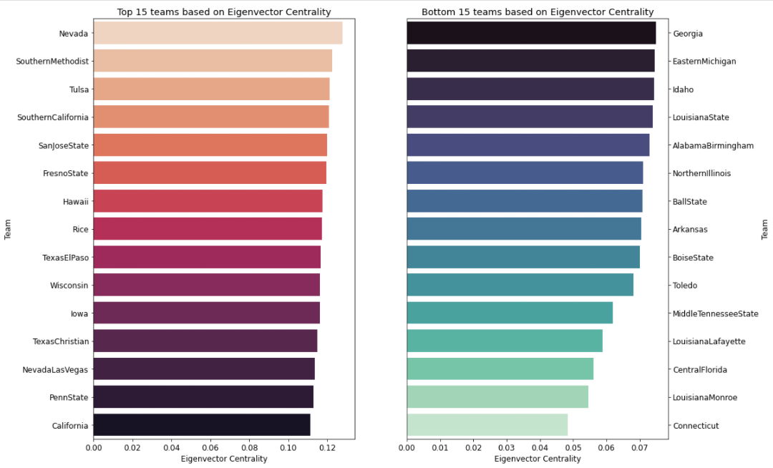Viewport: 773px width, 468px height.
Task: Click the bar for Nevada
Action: click(x=218, y=33)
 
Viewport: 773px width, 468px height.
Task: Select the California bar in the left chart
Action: click(x=202, y=425)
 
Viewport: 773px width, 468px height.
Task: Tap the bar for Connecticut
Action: click(x=487, y=425)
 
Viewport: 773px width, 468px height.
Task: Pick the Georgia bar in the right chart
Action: click(x=531, y=33)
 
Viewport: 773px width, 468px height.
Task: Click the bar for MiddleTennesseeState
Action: click(x=510, y=313)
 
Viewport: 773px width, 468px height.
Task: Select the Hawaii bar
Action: click(x=208, y=201)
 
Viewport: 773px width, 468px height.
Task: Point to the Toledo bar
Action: click(x=520, y=285)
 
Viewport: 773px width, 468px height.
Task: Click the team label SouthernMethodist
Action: click(x=52, y=62)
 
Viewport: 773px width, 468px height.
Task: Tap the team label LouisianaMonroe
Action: click(x=704, y=397)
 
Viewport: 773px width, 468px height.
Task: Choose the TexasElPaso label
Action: click(x=65, y=258)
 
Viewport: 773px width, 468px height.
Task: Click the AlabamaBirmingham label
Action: click(x=712, y=145)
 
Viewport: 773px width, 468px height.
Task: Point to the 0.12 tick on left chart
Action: click(x=327, y=447)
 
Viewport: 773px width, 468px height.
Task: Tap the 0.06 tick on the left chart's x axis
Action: click(x=210, y=447)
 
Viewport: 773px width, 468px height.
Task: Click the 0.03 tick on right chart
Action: click(x=507, y=447)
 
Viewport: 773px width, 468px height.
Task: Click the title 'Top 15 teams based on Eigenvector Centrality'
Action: click(x=223, y=11)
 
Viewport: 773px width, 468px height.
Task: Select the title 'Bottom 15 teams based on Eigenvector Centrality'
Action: click(x=537, y=11)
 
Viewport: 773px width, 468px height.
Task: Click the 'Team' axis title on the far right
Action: click(x=764, y=229)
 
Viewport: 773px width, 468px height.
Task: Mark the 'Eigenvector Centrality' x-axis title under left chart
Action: click(x=223, y=459)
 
